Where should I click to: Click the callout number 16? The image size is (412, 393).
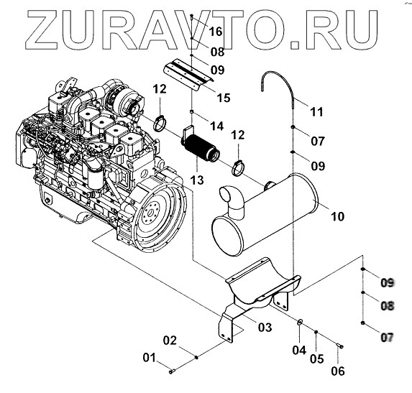pos(216,32)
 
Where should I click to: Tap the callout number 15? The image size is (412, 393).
pos(224,98)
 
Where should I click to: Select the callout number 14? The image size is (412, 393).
pos(216,126)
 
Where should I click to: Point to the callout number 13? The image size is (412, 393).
pos(197,180)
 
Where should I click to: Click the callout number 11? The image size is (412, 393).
pos(316,112)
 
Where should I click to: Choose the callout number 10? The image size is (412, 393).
pos(337,216)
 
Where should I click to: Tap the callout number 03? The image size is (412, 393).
pos(265,328)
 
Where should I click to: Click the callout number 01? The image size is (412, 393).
pos(150,358)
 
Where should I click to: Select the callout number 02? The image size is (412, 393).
pos(170,341)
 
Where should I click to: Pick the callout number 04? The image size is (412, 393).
pos(299,350)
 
